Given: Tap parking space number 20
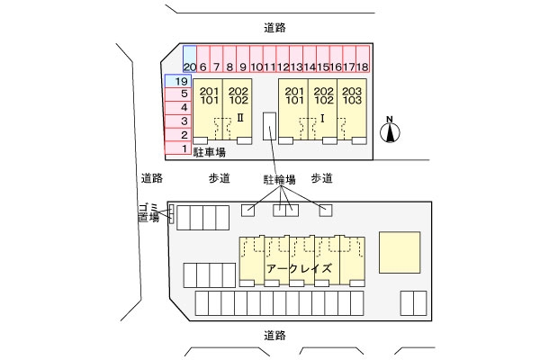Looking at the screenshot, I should point(189,59).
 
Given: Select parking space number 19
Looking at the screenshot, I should point(176,80).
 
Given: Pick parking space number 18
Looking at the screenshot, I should point(363,59).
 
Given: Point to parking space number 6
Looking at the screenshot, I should point(203,59).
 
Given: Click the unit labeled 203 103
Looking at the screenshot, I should point(352,96).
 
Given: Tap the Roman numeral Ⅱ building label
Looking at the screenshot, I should point(240,117).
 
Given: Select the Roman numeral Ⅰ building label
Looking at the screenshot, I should point(322,117).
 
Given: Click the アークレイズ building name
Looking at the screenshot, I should point(300,268).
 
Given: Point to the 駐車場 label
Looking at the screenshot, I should point(209,153).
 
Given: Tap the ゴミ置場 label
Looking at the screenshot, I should point(148,212).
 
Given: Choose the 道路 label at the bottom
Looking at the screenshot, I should point(275,335).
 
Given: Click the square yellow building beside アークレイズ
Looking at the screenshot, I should point(400,252).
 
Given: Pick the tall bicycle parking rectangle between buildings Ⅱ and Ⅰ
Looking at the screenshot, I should point(268,126).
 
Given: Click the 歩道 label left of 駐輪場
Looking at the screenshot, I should point(220,178).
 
